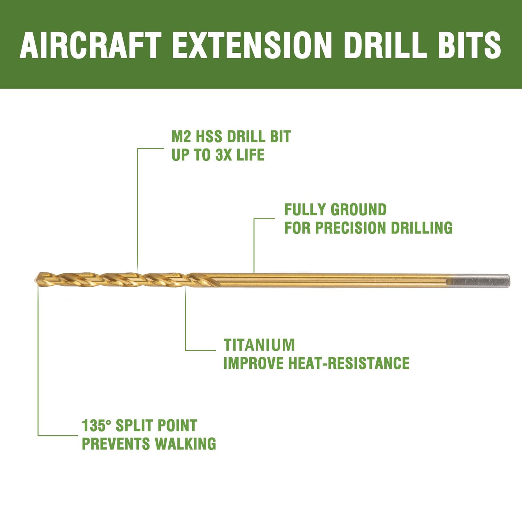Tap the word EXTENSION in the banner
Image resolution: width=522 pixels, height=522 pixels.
click(252, 45)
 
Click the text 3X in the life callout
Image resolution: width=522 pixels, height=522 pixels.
click(224, 155)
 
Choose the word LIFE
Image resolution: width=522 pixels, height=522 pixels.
click(251, 155)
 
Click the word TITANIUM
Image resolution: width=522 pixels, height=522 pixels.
click(259, 345)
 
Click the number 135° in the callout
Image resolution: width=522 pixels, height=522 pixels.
click(96, 426)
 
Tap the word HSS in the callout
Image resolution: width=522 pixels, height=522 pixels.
click(209, 137)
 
